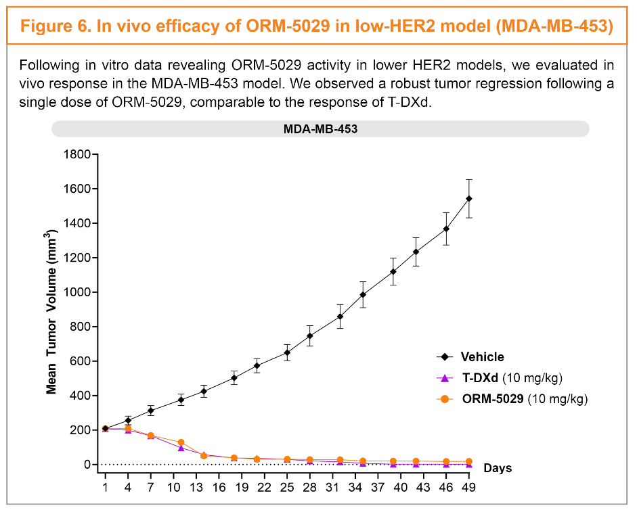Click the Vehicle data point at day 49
tap(469, 199)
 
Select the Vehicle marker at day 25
tap(287, 352)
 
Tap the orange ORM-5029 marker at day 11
tap(181, 442)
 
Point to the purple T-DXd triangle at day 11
tap(181, 448)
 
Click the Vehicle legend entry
tap(482, 357)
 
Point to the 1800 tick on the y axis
tap(76, 154)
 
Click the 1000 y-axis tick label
tap(76, 292)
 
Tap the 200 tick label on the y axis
tap(79, 430)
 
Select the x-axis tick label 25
tap(287, 487)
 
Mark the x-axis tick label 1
tap(106, 487)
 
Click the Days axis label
tap(498, 468)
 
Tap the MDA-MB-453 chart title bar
tap(320, 129)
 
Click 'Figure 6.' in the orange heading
tap(54, 26)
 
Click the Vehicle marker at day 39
tap(393, 272)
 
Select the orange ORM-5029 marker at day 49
tap(469, 461)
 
